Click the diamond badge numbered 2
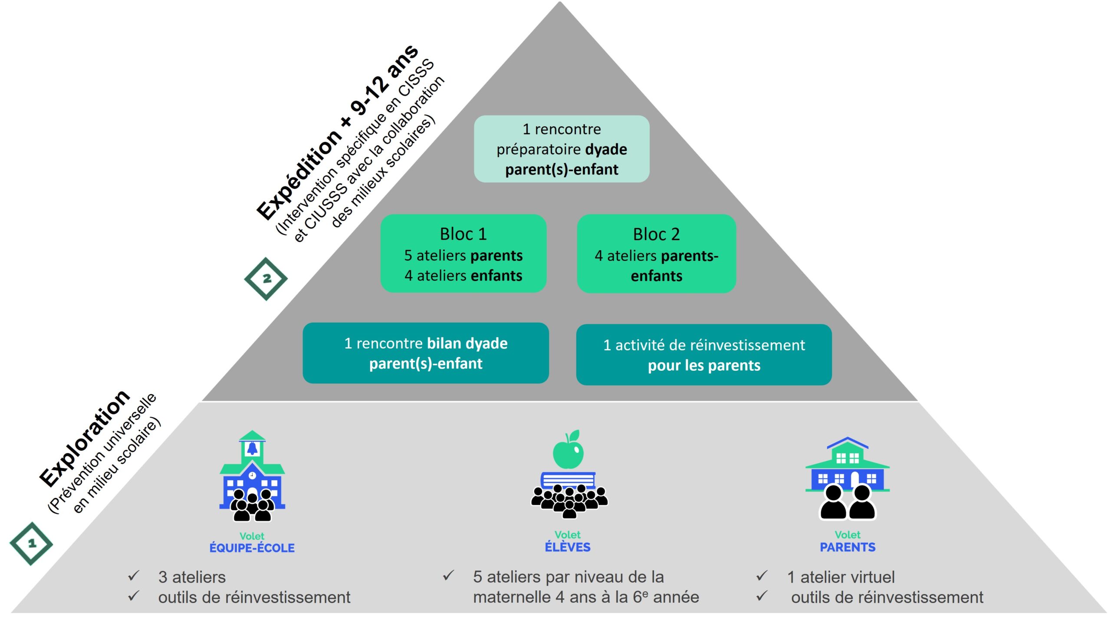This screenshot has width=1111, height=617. (x=266, y=279)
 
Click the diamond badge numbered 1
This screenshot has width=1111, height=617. (x=31, y=543)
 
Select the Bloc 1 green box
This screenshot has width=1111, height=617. (x=463, y=254)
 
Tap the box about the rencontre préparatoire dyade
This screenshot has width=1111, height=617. (x=562, y=149)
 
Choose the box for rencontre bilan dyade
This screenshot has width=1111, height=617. (x=425, y=353)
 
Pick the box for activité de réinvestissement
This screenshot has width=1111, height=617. (x=703, y=355)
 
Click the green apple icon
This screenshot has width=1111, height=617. (x=568, y=452)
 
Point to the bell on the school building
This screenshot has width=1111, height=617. (x=252, y=449)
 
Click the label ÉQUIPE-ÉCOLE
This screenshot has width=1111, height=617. (x=252, y=548)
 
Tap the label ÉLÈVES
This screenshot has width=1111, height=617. (x=568, y=547)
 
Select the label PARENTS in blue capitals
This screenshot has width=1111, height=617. (x=847, y=547)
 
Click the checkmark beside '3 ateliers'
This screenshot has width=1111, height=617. (x=134, y=576)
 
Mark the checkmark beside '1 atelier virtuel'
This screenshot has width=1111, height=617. (x=762, y=576)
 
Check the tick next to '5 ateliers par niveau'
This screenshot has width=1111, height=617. (x=448, y=576)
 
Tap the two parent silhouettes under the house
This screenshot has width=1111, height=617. (x=847, y=503)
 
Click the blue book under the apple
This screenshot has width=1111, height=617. (x=568, y=480)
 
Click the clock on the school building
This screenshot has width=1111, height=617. (x=252, y=475)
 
